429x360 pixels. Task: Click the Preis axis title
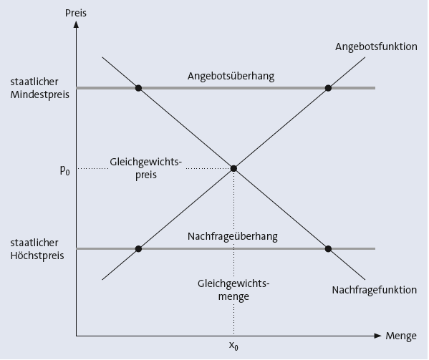pos(76,13)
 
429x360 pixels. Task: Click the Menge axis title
pos(401,336)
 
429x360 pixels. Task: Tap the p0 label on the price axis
pos(65,170)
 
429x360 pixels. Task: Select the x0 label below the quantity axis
pos(233,346)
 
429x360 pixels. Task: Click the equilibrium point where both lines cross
pos(233,168)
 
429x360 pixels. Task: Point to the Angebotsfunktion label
pos(376,47)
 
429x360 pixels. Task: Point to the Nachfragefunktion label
pos(375,290)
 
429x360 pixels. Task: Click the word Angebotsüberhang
pos(231,76)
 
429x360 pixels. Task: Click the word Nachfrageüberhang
pos(233,236)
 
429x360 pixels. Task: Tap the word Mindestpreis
pos(39,94)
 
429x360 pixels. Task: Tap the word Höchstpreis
pos(37,256)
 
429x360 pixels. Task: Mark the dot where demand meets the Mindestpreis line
pos(138,88)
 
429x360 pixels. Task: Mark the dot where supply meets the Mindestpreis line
pos(328,88)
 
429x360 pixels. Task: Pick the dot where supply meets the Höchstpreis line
pos(138,249)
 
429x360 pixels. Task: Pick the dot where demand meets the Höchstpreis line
pos(328,249)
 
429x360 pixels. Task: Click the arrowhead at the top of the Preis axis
pos(77,24)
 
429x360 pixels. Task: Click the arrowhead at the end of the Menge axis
pos(377,336)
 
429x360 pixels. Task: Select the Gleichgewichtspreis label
pos(146,168)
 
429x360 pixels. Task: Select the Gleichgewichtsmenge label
pos(233,290)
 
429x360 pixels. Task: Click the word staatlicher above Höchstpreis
pos(34,243)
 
